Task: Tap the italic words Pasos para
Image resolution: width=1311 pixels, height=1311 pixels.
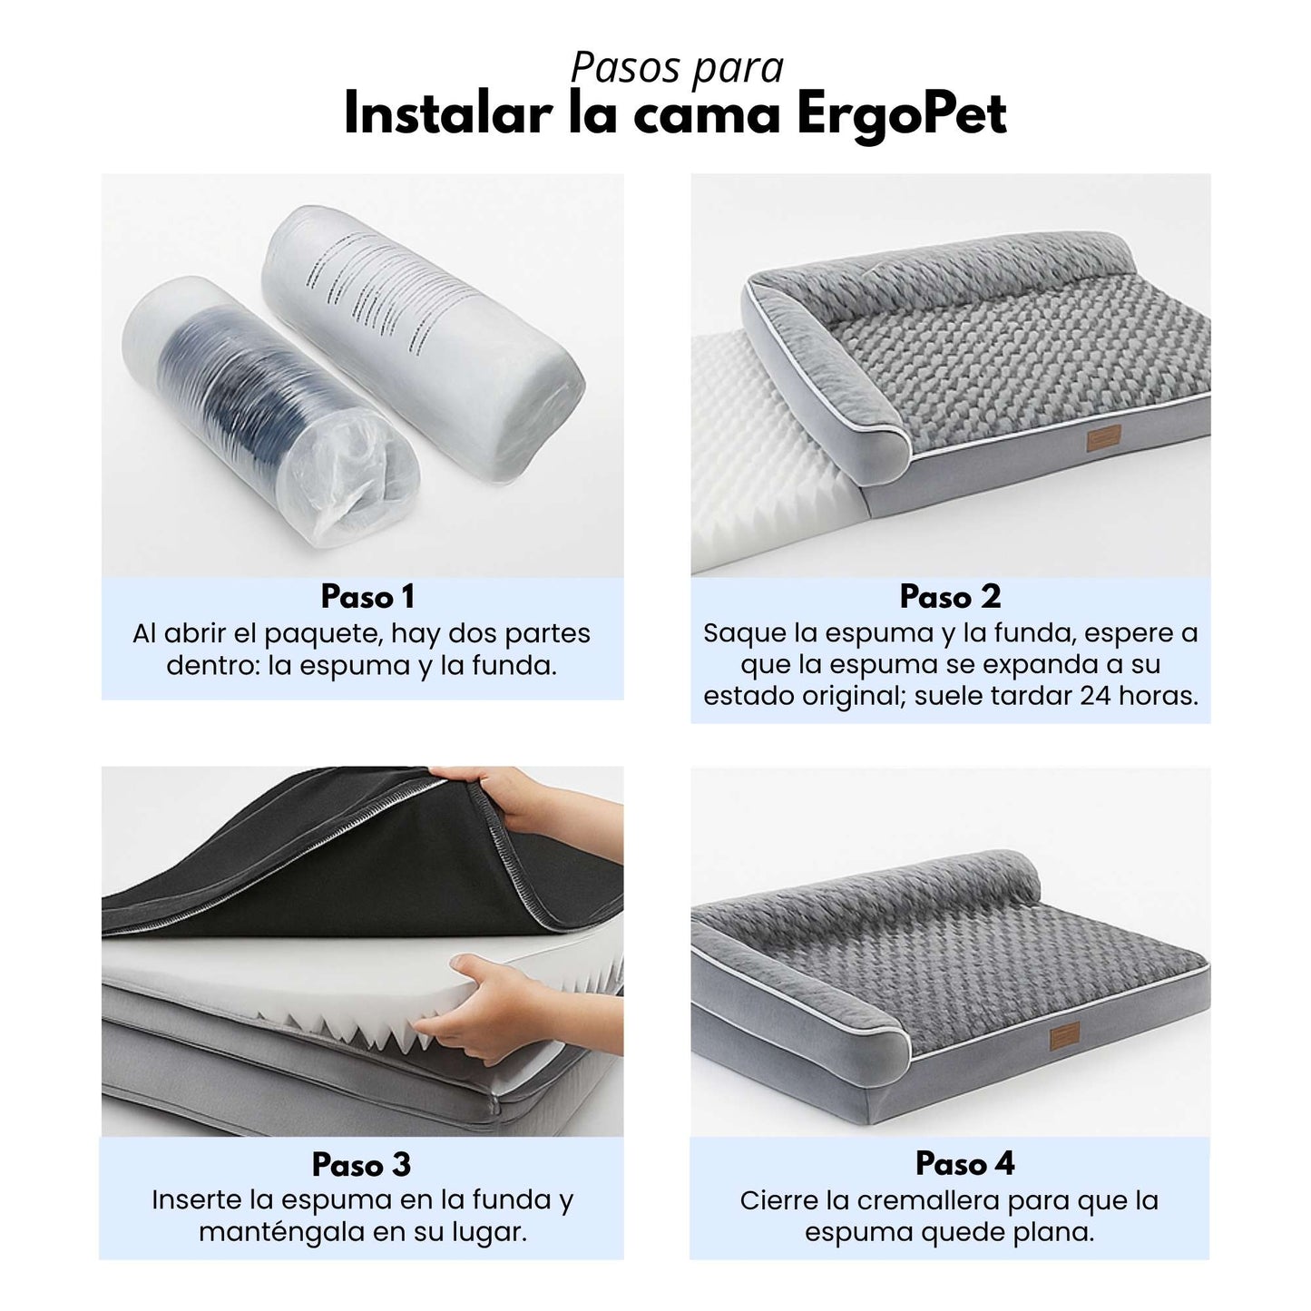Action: coord(677,67)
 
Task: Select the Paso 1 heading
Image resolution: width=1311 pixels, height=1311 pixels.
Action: coord(367,597)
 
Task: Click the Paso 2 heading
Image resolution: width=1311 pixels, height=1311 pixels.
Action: coord(950,597)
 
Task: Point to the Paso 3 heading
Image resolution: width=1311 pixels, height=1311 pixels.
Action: coord(361,1164)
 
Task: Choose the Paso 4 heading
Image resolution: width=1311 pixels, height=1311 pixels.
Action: coord(964,1163)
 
